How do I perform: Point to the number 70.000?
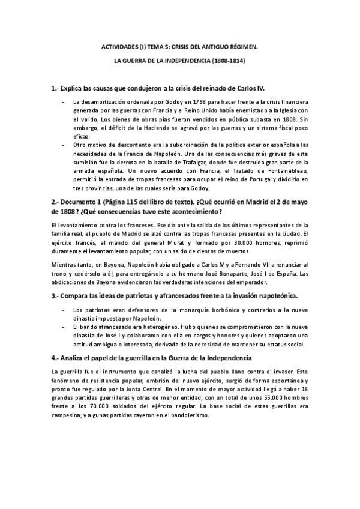[x=86, y=407]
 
